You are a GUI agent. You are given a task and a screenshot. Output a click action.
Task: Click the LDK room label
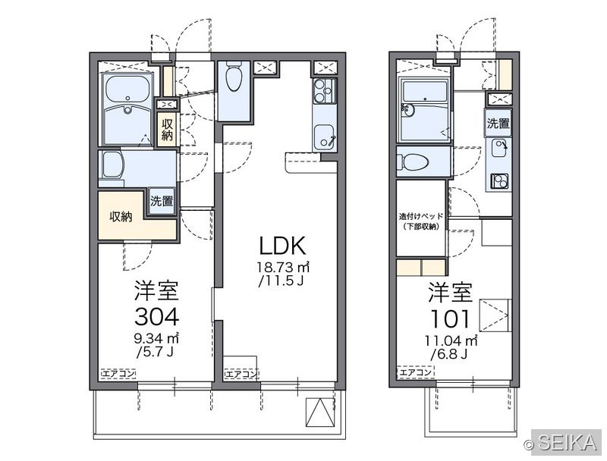click(x=282, y=246)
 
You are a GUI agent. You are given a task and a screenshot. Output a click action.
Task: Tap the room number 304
click(x=157, y=317)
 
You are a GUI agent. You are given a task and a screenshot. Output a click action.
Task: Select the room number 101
click(x=451, y=319)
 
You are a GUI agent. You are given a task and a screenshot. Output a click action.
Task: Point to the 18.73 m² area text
click(x=283, y=267)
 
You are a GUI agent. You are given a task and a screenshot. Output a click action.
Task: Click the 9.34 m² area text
click(x=156, y=339)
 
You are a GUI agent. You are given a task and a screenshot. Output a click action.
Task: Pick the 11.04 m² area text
click(x=451, y=340)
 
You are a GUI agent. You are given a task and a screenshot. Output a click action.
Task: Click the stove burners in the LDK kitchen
click(x=325, y=91)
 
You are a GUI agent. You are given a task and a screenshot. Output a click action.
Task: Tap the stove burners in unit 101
click(x=499, y=180)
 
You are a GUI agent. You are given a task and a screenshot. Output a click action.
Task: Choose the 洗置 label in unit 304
click(x=162, y=201)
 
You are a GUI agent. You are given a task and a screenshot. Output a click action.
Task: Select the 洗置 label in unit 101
click(x=498, y=124)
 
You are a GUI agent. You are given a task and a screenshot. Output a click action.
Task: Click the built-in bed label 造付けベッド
click(x=421, y=216)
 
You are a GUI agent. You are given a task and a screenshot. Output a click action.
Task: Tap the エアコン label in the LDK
click(x=241, y=374)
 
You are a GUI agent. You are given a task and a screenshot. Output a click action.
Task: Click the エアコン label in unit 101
click(x=415, y=372)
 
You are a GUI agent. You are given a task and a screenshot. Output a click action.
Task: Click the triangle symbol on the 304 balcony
click(x=319, y=412)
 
